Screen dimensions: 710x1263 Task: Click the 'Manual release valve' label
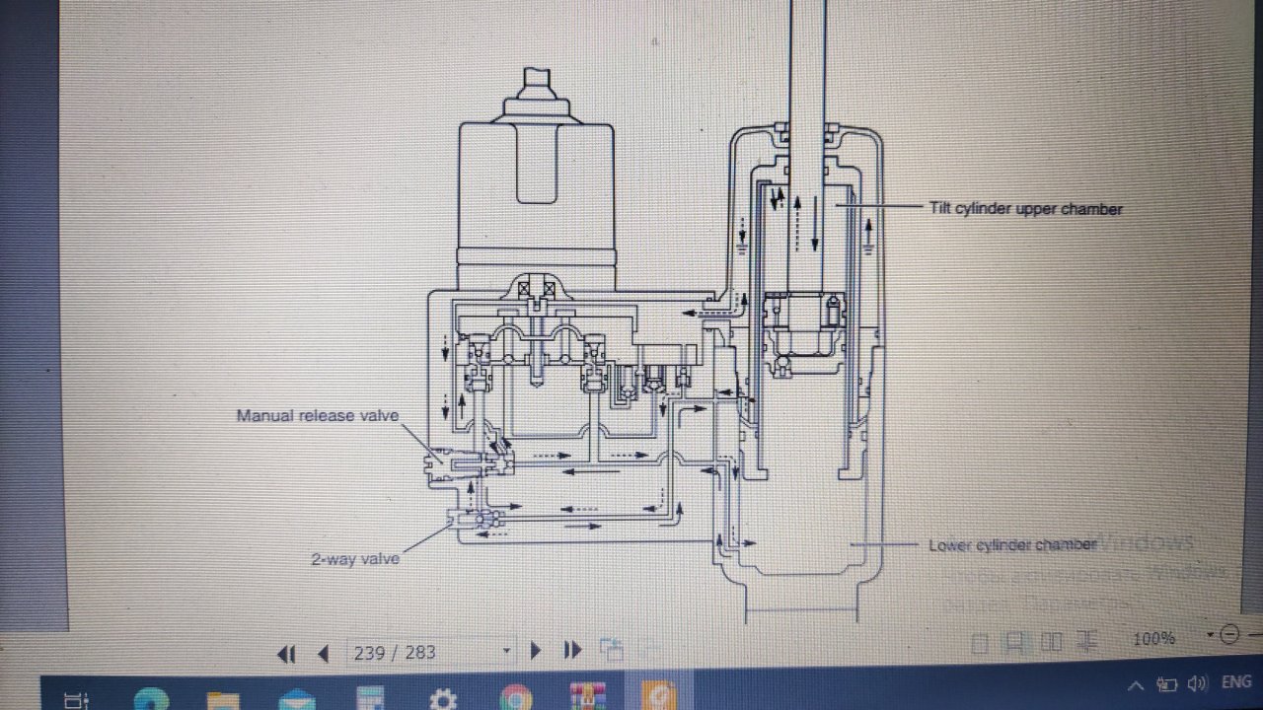(318, 415)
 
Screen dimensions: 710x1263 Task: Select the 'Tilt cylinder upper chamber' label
(1025, 209)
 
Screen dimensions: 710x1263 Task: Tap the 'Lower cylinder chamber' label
(1011, 545)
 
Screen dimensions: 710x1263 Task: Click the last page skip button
(572, 651)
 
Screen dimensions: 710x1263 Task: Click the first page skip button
(287, 653)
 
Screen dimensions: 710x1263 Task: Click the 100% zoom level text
(1153, 639)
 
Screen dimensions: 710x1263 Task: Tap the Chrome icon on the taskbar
(515, 697)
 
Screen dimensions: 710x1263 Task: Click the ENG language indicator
(1236, 682)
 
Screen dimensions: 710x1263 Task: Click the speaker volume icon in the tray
(1198, 683)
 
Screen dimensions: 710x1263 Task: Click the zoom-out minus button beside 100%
(1229, 634)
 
